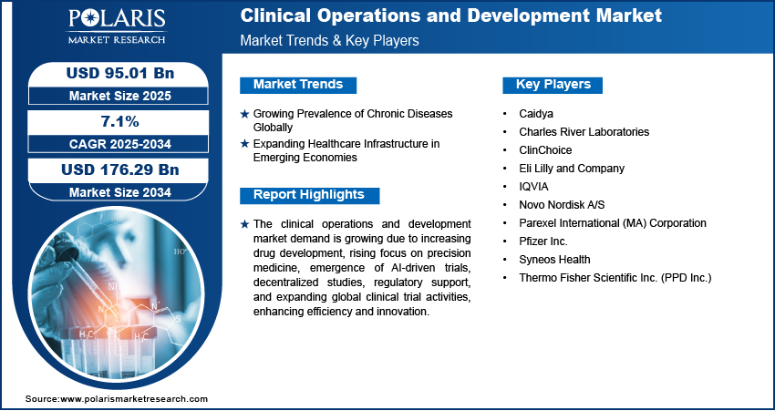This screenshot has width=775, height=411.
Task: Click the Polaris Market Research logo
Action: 117,26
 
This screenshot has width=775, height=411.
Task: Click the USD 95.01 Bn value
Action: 120,73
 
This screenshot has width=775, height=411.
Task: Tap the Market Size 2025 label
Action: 120,96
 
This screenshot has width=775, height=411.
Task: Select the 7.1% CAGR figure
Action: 119,121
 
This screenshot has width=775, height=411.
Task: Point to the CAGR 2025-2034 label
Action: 120,144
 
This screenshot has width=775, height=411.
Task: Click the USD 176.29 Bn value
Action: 120,170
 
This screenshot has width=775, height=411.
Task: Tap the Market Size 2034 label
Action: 120,191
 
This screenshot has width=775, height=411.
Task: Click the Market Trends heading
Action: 298,85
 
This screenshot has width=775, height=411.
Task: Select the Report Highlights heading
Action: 309,195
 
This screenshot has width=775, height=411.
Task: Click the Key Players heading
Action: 553,85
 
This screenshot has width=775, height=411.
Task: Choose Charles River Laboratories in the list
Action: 584,132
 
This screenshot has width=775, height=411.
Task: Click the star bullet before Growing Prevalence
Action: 244,114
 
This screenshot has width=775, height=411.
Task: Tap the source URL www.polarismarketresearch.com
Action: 134,398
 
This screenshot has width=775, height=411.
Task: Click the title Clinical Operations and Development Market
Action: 450,15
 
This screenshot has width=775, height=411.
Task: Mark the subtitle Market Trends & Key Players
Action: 329,40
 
